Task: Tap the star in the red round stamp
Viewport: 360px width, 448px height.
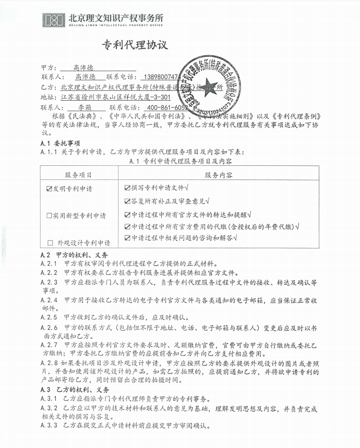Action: [209, 86]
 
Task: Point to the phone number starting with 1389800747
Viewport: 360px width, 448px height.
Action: [161, 77]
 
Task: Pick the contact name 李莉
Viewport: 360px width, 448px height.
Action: [83, 107]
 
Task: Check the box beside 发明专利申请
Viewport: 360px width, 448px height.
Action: [50, 189]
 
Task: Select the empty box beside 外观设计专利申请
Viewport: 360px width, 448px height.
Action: [50, 243]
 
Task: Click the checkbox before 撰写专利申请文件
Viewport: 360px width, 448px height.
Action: [128, 187]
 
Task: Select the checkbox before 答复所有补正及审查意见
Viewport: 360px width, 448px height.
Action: [128, 200]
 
